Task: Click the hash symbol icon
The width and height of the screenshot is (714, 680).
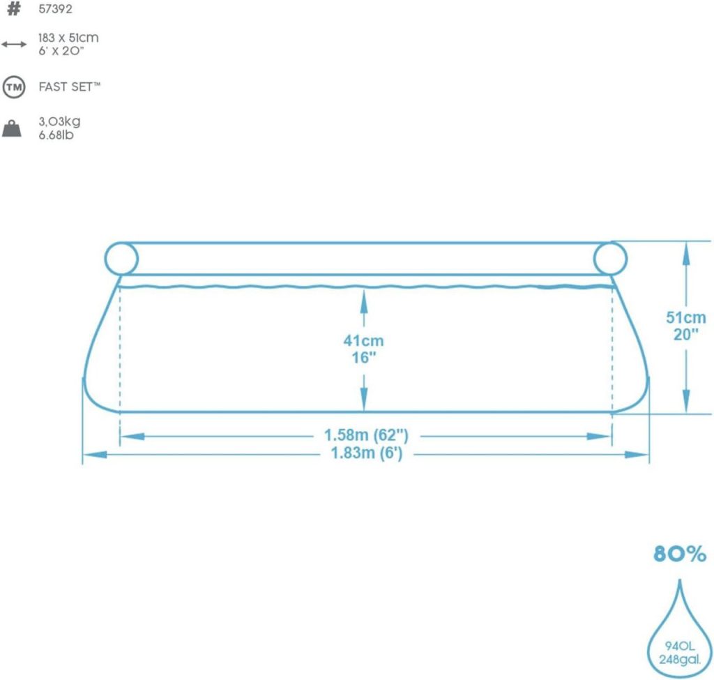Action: [14, 8]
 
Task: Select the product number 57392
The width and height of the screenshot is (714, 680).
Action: [55, 9]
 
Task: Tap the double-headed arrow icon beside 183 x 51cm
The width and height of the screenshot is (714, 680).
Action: [14, 44]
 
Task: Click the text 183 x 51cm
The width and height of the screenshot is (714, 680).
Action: [68, 38]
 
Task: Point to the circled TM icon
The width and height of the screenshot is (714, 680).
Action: [14, 87]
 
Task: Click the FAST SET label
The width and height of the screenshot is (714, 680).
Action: [69, 86]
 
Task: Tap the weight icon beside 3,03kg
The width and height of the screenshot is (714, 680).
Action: [12, 128]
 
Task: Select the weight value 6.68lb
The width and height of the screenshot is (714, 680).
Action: [56, 135]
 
